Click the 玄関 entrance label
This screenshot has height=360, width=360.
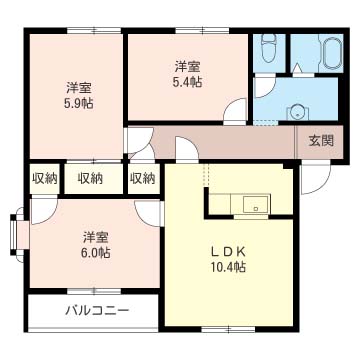[x=321, y=141]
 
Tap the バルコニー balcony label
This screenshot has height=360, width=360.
[x=97, y=312]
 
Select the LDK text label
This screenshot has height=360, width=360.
[x=228, y=252]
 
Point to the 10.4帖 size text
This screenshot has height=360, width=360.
[x=228, y=267]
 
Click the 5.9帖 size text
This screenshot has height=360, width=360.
[x=79, y=103]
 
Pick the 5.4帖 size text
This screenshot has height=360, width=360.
[x=188, y=82]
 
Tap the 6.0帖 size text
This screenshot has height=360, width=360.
[x=96, y=253]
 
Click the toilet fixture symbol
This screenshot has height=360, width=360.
[x=269, y=48]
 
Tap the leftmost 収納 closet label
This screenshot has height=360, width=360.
[x=45, y=179]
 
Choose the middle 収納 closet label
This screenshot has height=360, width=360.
[x=91, y=179]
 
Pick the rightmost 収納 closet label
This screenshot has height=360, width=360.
[x=143, y=179]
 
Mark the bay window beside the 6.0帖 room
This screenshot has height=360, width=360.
[x=16, y=235]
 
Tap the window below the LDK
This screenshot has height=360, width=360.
[x=228, y=329]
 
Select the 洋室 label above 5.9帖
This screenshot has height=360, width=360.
[x=79, y=89]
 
